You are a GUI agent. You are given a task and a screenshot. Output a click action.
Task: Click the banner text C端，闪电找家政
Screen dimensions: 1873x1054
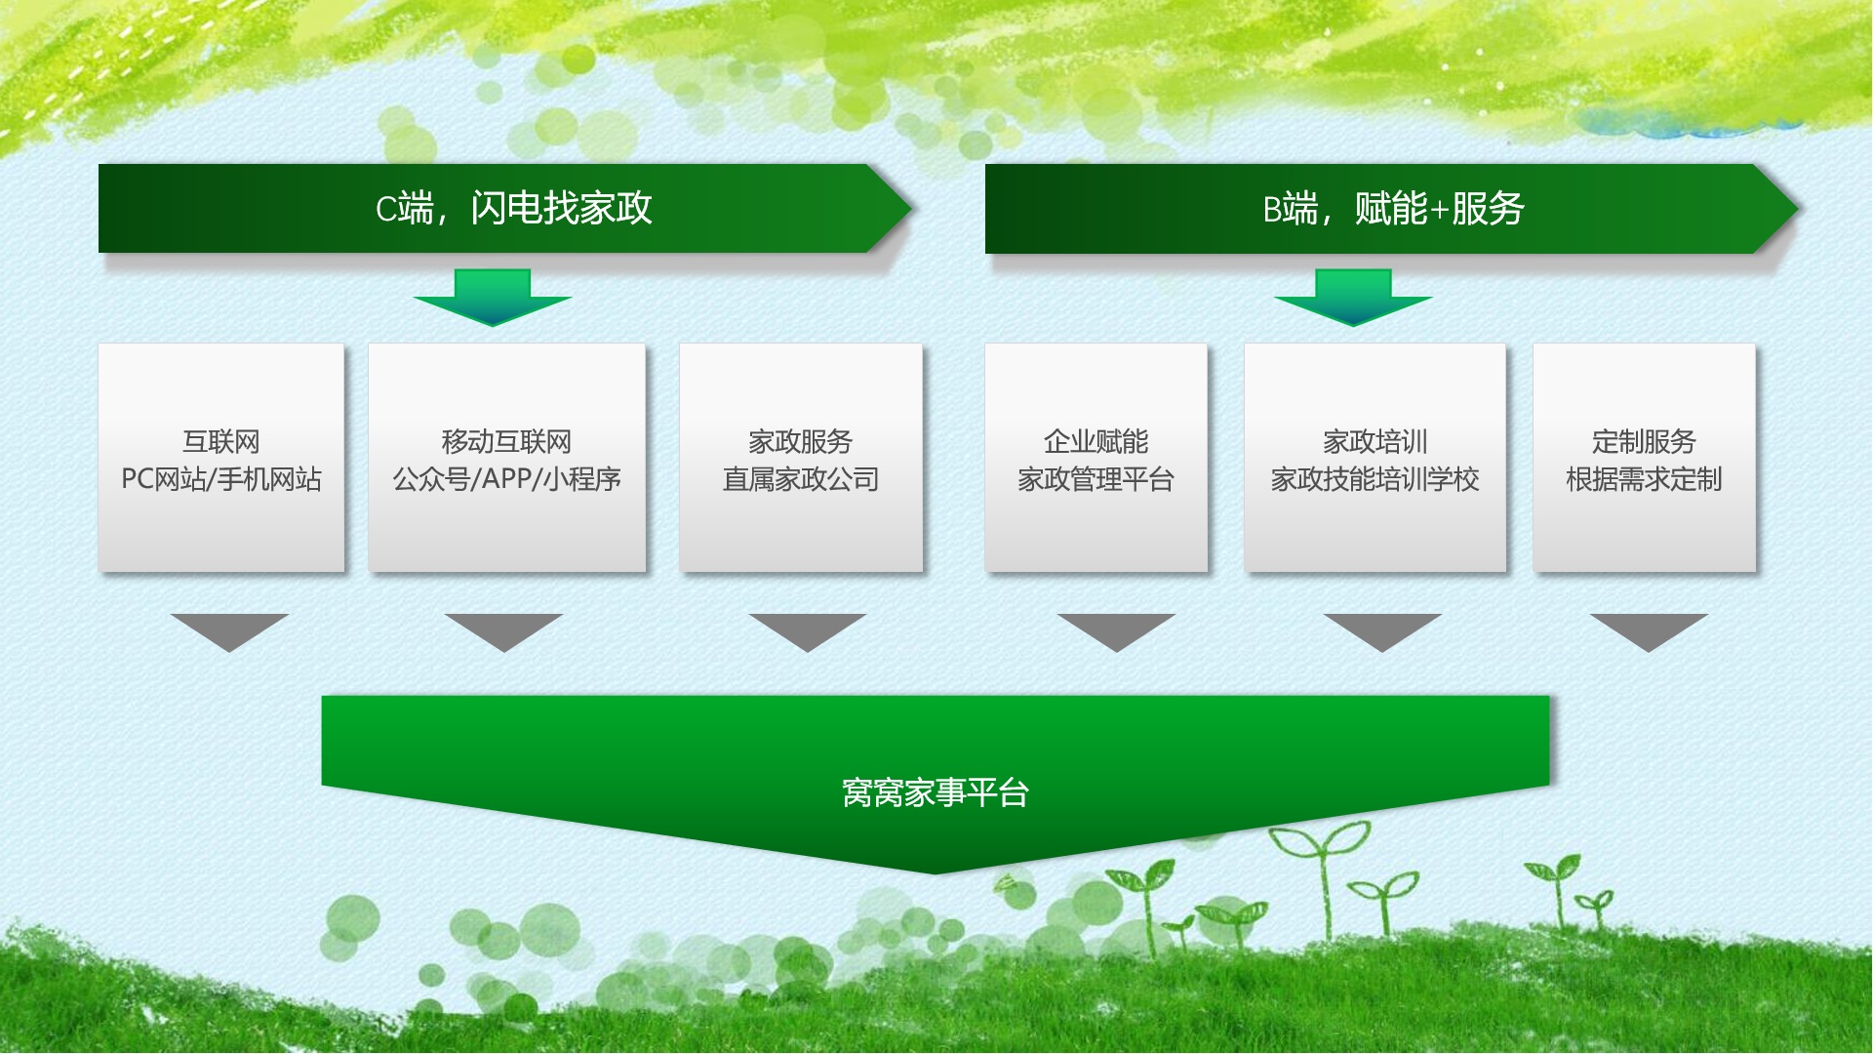coord(513,208)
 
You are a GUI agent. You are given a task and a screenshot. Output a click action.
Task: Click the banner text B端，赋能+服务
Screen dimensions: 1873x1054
coord(1393,208)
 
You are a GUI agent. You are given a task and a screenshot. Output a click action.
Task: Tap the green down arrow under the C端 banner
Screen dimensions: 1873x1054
coord(493,298)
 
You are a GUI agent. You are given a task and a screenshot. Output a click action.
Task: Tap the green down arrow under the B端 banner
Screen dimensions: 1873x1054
coord(1353,298)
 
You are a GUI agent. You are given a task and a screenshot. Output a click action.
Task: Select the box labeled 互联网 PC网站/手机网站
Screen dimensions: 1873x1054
coord(221,457)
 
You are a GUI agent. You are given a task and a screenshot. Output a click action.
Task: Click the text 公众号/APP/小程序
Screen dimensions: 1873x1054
coord(506,479)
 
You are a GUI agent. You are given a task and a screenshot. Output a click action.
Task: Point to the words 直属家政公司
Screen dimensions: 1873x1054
coord(801,479)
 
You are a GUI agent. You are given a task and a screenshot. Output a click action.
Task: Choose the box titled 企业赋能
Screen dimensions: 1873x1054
coord(1096,457)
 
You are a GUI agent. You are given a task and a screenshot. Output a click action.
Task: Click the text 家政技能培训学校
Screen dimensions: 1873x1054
coord(1375,479)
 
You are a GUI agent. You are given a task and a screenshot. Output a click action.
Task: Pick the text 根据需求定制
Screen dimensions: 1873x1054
coord(1644,479)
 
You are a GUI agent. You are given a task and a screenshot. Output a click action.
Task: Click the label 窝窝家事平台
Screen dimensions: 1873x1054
coord(936,792)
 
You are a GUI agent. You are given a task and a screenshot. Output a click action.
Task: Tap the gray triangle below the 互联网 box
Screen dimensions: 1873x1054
coord(229,631)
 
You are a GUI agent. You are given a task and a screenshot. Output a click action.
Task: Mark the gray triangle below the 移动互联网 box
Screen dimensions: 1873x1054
coord(503,631)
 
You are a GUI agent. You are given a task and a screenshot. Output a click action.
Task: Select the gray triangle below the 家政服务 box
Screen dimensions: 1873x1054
coord(808,631)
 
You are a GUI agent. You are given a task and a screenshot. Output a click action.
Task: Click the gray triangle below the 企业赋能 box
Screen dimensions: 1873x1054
coord(1117,631)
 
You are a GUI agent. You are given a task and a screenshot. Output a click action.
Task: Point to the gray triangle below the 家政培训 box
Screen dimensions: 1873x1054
coord(1382,631)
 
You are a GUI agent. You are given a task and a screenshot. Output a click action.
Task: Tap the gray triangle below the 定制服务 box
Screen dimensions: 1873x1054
coord(1649,631)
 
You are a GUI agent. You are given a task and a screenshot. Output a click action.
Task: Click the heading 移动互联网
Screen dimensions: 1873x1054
coord(506,442)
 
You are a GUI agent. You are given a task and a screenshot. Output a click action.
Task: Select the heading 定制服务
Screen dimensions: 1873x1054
coord(1644,442)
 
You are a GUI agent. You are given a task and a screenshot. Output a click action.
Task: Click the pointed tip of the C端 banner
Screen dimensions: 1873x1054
coord(911,208)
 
